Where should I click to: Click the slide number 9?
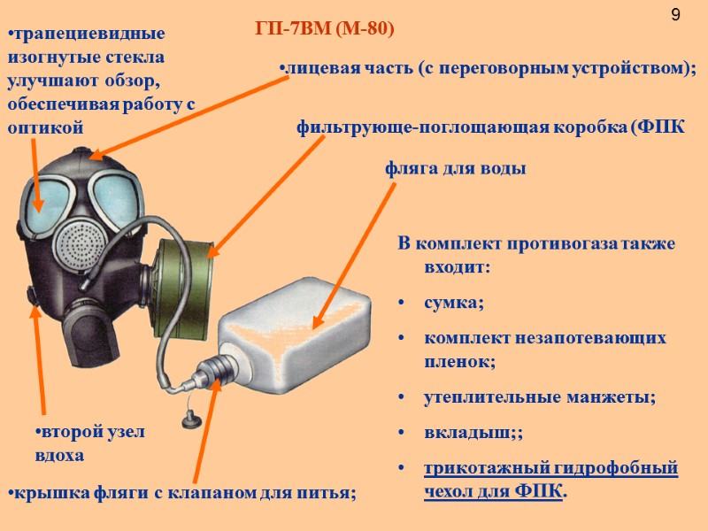tap(676, 15)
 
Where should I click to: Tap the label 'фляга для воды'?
tap(456, 169)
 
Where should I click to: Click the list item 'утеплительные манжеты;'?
tap(540, 397)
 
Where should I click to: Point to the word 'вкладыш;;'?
tap(461, 435)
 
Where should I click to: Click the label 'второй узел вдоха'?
tap(88, 443)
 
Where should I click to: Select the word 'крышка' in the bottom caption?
tap(42, 493)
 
